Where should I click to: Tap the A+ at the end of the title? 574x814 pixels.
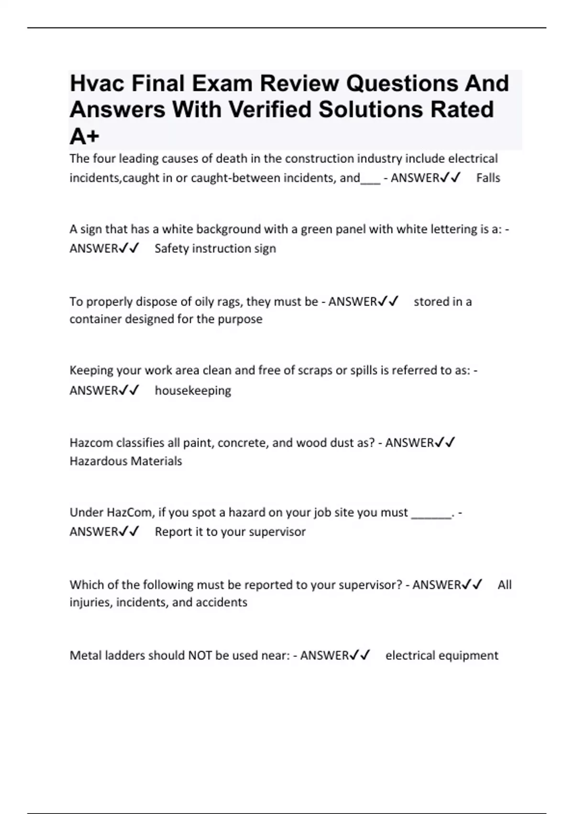point(84,136)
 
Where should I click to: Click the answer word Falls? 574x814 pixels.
point(488,178)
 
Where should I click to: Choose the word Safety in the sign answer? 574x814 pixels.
point(172,249)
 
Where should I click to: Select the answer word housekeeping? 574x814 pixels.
point(193,391)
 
